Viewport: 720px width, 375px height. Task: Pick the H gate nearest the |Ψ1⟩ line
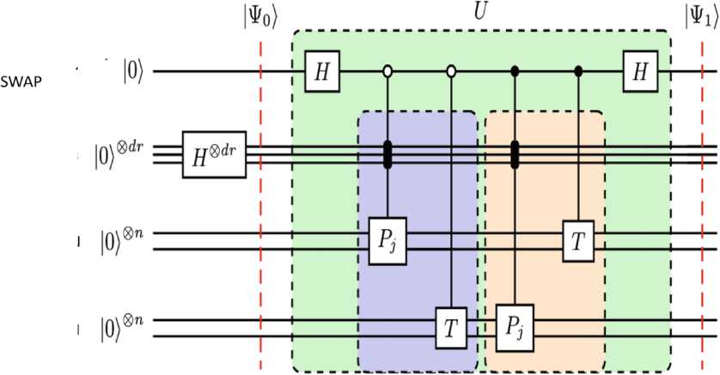[x=640, y=71]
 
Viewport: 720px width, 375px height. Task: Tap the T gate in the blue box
[x=451, y=327]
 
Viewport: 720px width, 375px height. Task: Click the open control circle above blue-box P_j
[x=387, y=71]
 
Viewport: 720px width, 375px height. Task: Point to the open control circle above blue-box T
[x=451, y=71]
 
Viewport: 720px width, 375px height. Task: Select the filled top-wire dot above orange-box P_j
[x=515, y=71]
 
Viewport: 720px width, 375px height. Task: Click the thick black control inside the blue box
[x=387, y=154]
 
